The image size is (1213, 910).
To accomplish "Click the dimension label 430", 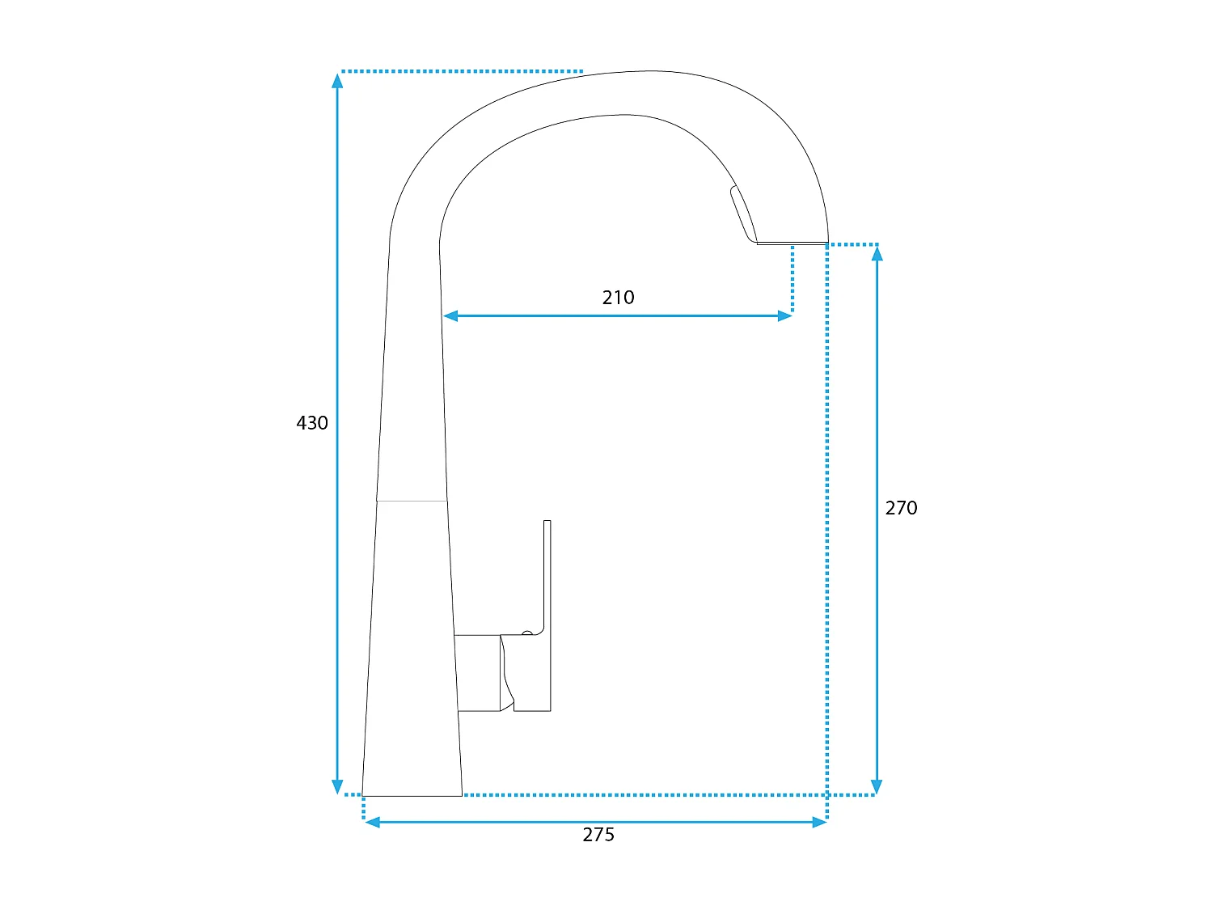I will pyautogui.click(x=312, y=423).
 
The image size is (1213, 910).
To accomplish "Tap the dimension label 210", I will pyautogui.click(x=618, y=298).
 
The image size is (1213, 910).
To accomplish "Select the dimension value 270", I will pyautogui.click(x=901, y=508).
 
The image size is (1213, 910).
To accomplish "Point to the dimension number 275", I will pyautogui.click(x=598, y=835).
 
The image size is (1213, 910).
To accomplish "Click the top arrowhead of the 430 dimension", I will pyautogui.click(x=338, y=80).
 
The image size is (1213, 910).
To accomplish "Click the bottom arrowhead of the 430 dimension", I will pyautogui.click(x=338, y=786).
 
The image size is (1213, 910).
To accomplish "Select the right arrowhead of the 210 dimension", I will pyautogui.click(x=784, y=315).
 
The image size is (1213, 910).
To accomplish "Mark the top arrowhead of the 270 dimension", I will pyautogui.click(x=877, y=253).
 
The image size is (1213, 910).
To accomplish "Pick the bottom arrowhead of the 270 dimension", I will pyautogui.click(x=877, y=786).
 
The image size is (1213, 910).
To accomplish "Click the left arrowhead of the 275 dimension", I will pyautogui.click(x=373, y=822).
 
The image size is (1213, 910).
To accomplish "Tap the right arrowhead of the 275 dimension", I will pyautogui.click(x=819, y=822).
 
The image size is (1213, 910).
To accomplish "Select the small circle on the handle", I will pyautogui.click(x=527, y=633).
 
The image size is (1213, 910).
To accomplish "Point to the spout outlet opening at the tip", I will pyautogui.click(x=791, y=242).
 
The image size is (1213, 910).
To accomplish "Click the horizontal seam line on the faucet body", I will pyautogui.click(x=412, y=501).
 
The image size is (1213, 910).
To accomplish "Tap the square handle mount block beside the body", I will pyautogui.click(x=478, y=673).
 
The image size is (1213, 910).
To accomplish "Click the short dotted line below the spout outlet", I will pyautogui.click(x=792, y=279).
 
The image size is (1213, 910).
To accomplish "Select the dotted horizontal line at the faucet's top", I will pyautogui.click(x=461, y=71).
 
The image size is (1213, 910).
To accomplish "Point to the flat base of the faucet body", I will pyautogui.click(x=412, y=795).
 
